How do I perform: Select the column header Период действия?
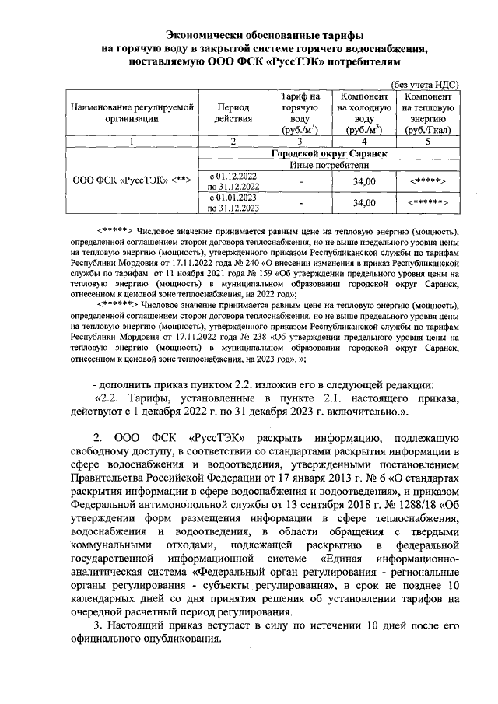click(234, 112)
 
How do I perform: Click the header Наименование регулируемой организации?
click(131, 112)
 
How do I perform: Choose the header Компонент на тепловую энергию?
click(428, 113)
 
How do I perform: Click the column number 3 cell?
click(300, 142)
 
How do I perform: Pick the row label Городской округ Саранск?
click(328, 154)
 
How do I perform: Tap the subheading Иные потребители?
click(328, 165)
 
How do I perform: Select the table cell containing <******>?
click(428, 203)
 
